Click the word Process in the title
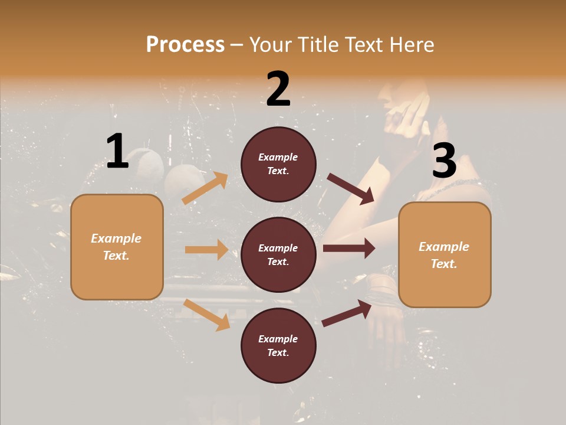tap(185, 44)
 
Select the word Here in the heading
tap(410, 44)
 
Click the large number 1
tap(117, 152)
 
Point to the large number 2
tap(278, 89)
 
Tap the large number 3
tap(444, 161)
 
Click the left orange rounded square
tap(117, 247)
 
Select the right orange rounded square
tap(445, 254)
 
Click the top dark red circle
tap(278, 164)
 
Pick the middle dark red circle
tap(278, 254)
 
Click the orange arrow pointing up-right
tap(205, 188)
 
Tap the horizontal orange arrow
tap(206, 250)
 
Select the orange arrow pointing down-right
tap(206, 315)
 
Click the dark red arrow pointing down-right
tap(351, 189)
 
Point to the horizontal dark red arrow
tap(349, 249)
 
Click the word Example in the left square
tap(116, 238)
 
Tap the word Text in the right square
tap(443, 264)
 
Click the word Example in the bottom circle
tap(278, 339)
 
